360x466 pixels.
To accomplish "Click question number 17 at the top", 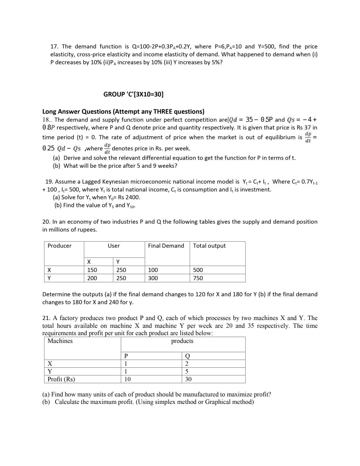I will pyautogui.click(x=54, y=47).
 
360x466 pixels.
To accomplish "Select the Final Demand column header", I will pyautogui.click(x=166, y=246).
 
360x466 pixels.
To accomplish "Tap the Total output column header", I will pyautogui.click(x=209, y=246).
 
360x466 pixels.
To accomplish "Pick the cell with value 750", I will pyautogui.click(x=198, y=278).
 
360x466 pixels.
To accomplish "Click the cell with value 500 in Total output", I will pyautogui.click(x=198, y=270).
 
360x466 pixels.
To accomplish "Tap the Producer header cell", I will pyautogui.click(x=59, y=246).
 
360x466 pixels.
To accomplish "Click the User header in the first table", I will pyautogui.click(x=114, y=246).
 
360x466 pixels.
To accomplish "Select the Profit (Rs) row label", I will pyautogui.click(x=61, y=379).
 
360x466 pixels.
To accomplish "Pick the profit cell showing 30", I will pyautogui.click(x=188, y=379).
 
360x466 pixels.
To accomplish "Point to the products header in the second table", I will pyautogui.click(x=182, y=341).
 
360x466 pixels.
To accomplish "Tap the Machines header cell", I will pyautogui.click(x=60, y=341).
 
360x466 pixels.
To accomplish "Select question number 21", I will pyautogui.click(x=46, y=318).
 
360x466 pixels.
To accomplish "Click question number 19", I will pyautogui.click(x=49, y=182).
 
